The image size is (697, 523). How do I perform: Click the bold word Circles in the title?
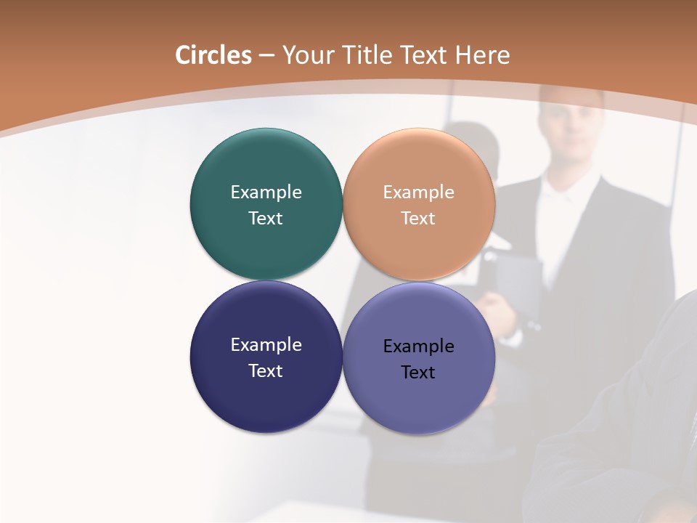click(x=213, y=55)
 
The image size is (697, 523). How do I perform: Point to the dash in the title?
click(x=266, y=56)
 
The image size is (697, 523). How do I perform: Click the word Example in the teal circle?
click(x=266, y=192)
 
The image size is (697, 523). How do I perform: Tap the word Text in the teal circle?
click(x=266, y=219)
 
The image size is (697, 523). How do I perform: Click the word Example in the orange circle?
click(x=419, y=192)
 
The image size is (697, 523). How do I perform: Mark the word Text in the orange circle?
click(x=419, y=219)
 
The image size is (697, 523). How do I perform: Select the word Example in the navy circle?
click(x=266, y=345)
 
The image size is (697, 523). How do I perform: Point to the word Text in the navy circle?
click(x=266, y=371)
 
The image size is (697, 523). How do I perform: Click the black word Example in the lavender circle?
click(x=419, y=346)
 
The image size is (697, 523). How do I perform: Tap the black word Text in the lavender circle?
click(x=419, y=373)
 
